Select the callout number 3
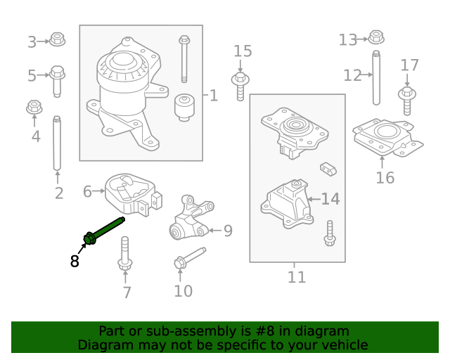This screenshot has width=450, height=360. pos(32,42)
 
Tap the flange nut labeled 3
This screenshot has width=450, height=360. pos(58,39)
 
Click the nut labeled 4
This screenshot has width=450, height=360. pos(33,108)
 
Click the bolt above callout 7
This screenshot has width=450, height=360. pos(125,254)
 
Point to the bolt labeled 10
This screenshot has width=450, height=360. pos(187,258)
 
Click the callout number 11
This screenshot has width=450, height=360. pos(297,277)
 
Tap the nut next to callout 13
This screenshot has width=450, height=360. pos(376,37)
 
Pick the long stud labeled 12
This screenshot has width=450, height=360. pos(377,77)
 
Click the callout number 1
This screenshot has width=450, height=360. pos(213,95)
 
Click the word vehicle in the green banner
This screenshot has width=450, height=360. pos(344,345)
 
